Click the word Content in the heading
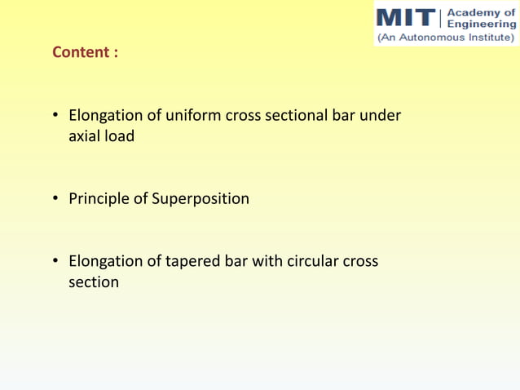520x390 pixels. (x=79, y=52)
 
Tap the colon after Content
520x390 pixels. (x=116, y=53)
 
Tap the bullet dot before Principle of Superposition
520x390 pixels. (x=57, y=199)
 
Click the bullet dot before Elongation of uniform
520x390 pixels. (x=57, y=116)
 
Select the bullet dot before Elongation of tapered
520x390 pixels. (x=57, y=262)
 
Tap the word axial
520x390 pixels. (x=85, y=136)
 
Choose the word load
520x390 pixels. (x=120, y=136)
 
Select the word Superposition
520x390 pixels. (x=201, y=199)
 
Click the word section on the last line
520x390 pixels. (x=94, y=282)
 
